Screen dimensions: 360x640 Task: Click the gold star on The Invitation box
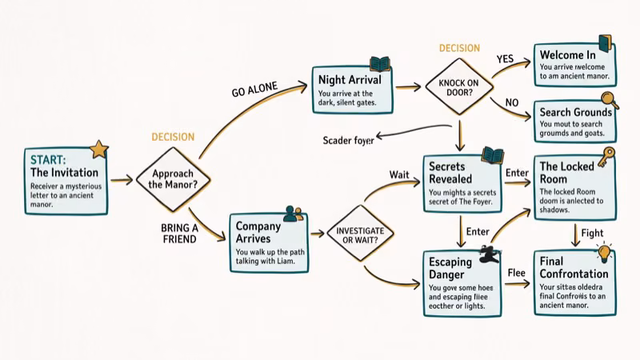point(99,149)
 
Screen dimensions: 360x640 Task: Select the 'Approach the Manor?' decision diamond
point(173,178)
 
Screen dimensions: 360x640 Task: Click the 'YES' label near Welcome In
point(505,59)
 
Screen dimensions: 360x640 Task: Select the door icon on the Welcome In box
point(604,43)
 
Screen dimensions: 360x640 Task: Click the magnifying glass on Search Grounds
point(610,101)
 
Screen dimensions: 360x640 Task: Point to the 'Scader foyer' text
point(348,141)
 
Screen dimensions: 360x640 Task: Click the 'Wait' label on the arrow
point(399,174)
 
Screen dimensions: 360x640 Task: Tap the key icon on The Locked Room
point(605,155)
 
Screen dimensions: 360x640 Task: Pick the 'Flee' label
point(517,273)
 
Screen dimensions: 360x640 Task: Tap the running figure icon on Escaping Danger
point(486,254)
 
